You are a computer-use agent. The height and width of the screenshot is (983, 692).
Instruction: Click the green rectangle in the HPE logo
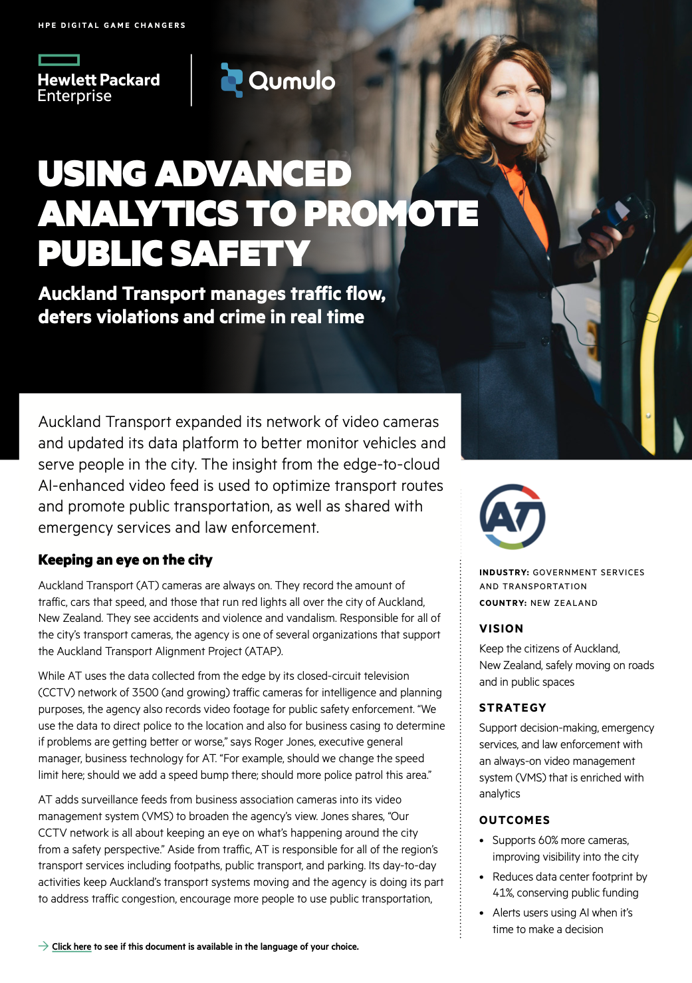coord(59,61)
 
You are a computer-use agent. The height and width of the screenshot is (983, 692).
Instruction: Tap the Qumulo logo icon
coord(231,80)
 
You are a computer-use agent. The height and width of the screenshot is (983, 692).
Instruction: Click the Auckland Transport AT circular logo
coord(513,517)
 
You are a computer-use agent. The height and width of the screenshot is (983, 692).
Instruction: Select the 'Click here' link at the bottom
coord(71,946)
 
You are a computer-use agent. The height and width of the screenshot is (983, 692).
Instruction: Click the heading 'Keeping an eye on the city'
coord(125,560)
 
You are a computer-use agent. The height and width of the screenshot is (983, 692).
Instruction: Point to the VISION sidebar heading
coord(501,629)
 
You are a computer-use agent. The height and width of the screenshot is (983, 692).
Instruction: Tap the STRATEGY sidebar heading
coord(513,708)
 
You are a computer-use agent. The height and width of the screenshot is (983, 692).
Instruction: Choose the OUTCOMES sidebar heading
coord(515,820)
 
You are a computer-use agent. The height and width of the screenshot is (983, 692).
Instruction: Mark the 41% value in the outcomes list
coord(503,893)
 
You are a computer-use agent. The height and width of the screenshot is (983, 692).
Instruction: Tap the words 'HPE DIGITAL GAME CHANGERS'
coord(112,25)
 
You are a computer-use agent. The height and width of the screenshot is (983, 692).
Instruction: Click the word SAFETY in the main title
coord(240,253)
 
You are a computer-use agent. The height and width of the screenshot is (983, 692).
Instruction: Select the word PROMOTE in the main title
coord(392,213)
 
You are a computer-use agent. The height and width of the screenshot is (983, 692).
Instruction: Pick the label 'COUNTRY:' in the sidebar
coord(503,603)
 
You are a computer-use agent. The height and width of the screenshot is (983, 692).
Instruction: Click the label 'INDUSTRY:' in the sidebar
coord(504,572)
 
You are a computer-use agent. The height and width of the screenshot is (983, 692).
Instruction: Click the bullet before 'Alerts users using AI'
coord(482,913)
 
